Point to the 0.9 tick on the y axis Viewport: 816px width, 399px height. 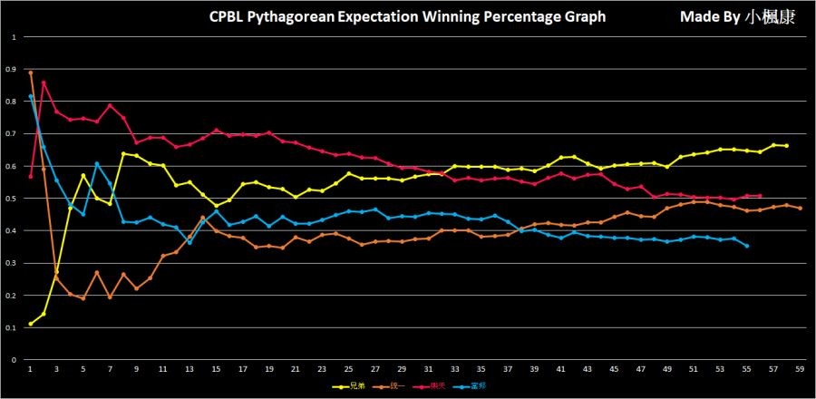[x=13, y=69]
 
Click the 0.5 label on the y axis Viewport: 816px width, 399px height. [x=13, y=199]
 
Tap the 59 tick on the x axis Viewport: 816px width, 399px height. [x=799, y=369]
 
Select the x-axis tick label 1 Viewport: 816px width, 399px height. [x=30, y=369]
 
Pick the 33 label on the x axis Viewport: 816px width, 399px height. [x=455, y=369]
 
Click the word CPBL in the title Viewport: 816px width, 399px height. [x=228, y=16]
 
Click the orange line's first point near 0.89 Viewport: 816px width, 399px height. [x=30, y=73]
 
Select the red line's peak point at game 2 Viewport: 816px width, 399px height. [x=44, y=83]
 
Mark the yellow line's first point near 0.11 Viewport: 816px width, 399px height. [x=30, y=324]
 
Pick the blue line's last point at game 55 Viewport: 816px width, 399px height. [x=746, y=246]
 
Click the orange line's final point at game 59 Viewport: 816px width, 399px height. [x=799, y=209]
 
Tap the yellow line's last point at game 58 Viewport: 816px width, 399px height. [x=786, y=146]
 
